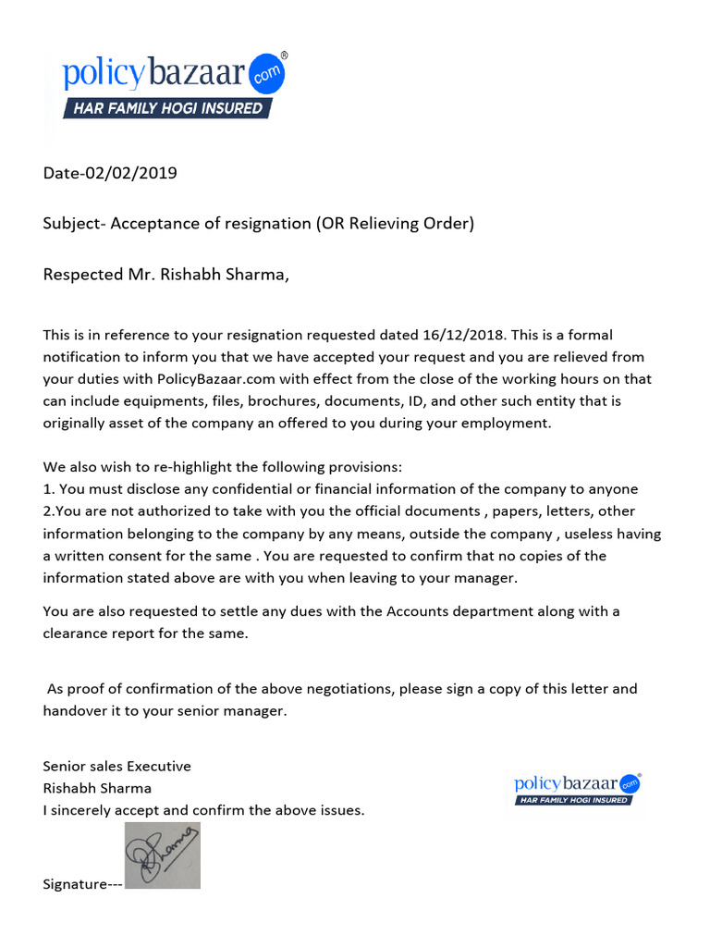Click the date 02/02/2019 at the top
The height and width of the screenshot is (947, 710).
pos(130,173)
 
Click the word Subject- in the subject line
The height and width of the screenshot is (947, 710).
pos(75,224)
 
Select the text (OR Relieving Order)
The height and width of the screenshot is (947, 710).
pos(395,224)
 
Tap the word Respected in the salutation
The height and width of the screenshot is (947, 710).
pos(82,275)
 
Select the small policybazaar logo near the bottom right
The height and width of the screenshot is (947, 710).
pos(578,787)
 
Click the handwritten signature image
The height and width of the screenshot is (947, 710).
pos(163,855)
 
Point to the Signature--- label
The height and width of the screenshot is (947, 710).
pos(82,884)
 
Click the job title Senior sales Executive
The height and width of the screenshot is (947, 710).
pos(117,766)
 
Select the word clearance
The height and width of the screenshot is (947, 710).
pos(77,633)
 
